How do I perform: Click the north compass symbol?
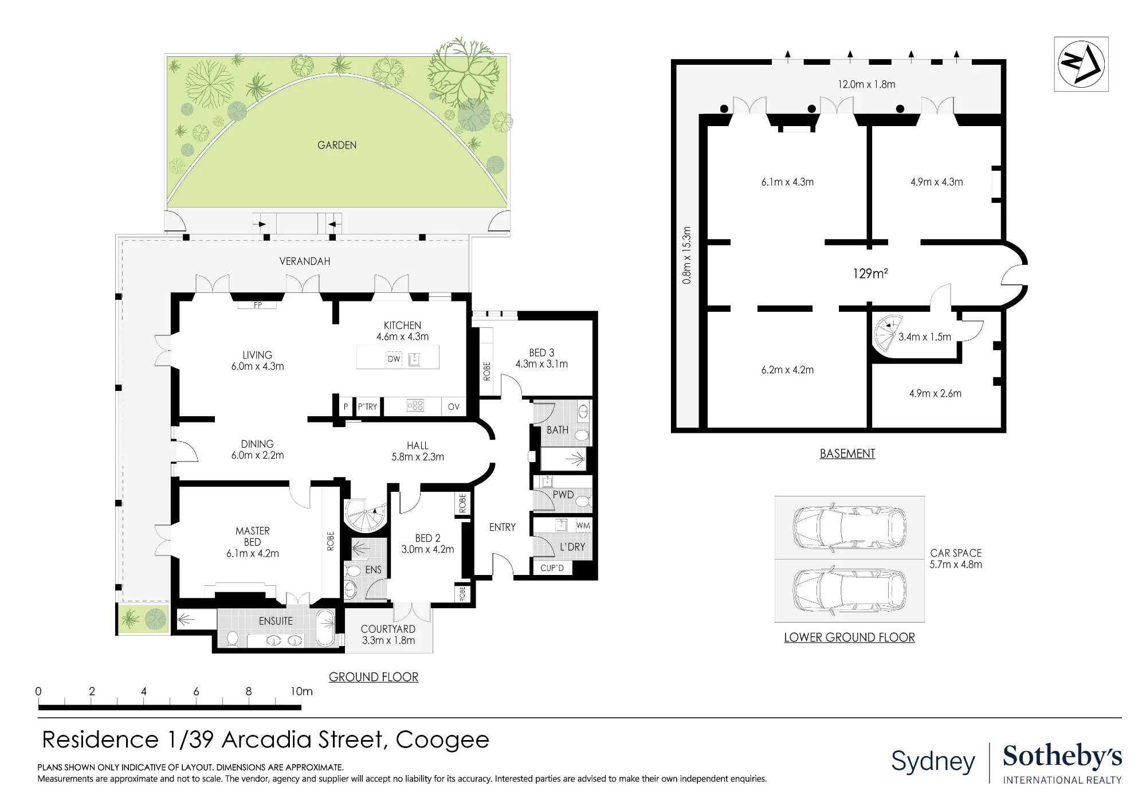(x=1081, y=64)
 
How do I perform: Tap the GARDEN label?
(x=337, y=145)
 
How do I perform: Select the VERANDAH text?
(x=305, y=261)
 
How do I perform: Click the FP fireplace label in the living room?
(x=258, y=306)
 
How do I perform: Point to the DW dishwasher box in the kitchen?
(x=394, y=359)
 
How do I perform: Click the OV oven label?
(x=454, y=407)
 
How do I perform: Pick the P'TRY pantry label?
(x=367, y=407)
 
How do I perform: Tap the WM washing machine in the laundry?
(x=583, y=525)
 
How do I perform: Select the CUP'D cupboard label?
(x=552, y=568)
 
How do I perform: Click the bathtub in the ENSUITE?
(x=326, y=627)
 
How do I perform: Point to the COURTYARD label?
(x=388, y=629)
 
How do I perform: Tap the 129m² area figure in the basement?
(x=870, y=273)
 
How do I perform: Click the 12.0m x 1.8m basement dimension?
(x=866, y=84)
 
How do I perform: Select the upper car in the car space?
(x=850, y=527)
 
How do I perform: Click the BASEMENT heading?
(x=847, y=453)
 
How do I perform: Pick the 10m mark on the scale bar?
(x=301, y=691)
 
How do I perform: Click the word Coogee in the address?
(x=442, y=740)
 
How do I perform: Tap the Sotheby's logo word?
(x=1062, y=756)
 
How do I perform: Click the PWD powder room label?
(x=563, y=495)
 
